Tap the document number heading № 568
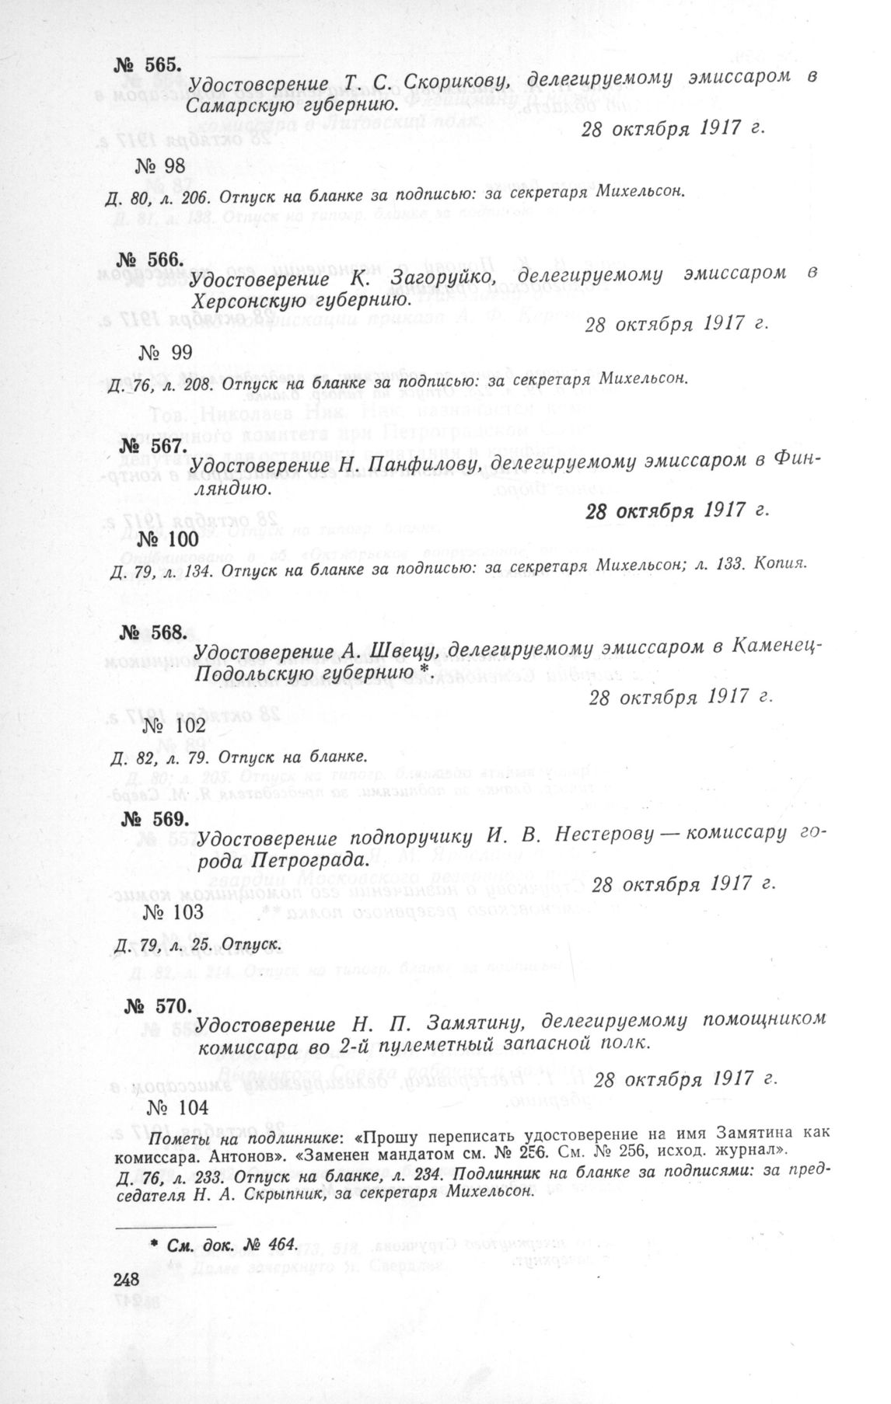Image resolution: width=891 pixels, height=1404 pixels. pyautogui.click(x=153, y=632)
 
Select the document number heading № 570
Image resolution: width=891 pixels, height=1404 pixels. pyautogui.click(x=158, y=1006)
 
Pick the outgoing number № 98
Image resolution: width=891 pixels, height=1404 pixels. pyautogui.click(x=161, y=165)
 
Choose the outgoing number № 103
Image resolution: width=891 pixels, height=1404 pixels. pyautogui.click(x=169, y=911)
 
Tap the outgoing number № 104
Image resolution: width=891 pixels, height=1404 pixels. pyautogui.click(x=173, y=1108)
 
